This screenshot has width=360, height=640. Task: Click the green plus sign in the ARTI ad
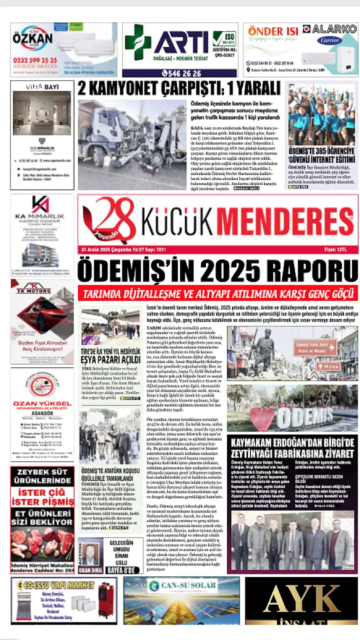(138, 42)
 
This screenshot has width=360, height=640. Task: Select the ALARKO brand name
(334, 29)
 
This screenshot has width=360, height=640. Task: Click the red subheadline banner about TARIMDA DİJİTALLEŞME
(217, 293)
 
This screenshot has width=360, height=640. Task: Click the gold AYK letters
(307, 598)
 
